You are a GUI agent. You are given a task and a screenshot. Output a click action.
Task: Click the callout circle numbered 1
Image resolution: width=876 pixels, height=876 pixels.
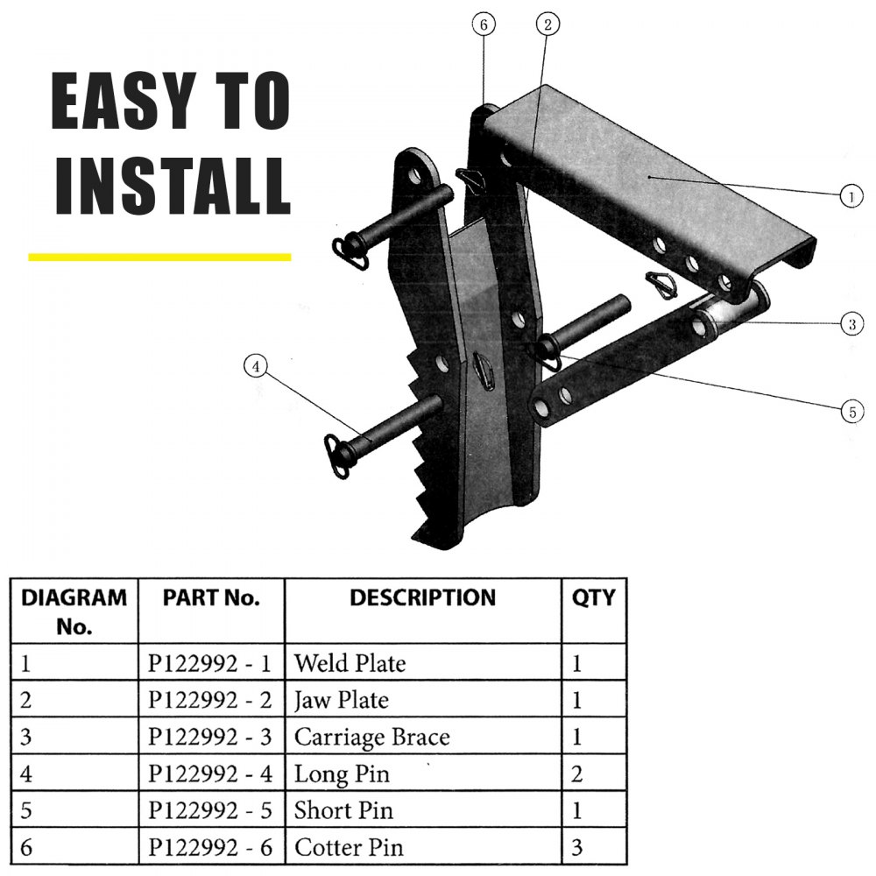click(851, 196)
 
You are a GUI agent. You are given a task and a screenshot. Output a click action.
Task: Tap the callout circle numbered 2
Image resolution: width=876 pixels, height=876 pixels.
click(547, 25)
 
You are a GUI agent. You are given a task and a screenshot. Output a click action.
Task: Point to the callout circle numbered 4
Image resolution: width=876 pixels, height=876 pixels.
click(255, 367)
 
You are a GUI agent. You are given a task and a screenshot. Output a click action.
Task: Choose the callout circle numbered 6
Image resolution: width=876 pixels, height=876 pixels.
click(483, 25)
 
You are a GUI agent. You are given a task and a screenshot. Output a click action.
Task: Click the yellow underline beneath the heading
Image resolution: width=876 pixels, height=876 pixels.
click(159, 257)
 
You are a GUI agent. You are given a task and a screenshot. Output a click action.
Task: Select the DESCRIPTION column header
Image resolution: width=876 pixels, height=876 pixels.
click(422, 598)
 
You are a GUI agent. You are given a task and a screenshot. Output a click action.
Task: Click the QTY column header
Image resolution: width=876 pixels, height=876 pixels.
click(593, 598)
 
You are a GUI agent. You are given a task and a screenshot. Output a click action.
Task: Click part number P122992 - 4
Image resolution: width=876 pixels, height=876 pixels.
click(211, 774)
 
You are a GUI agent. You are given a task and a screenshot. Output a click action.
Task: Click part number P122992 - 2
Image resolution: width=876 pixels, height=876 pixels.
click(211, 700)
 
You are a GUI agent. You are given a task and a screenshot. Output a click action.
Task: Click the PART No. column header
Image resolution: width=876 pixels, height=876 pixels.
click(211, 598)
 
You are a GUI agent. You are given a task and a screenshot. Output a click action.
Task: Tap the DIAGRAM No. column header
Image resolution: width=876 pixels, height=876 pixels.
click(74, 611)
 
